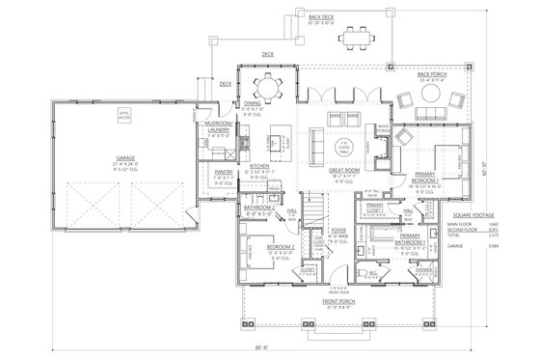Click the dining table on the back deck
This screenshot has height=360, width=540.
349,37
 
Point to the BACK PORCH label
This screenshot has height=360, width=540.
430,73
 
